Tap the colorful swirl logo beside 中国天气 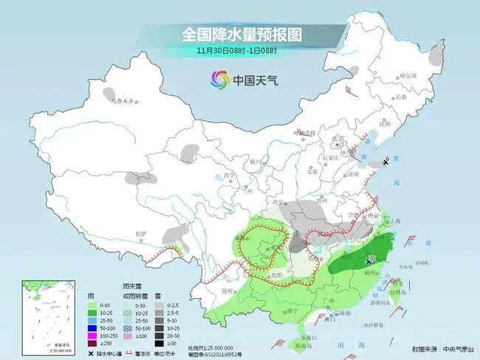[x=219, y=79]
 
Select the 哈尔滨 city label [x=408, y=76]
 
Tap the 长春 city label [x=400, y=97]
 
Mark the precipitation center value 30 [x=371, y=258]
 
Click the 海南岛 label [x=299, y=345]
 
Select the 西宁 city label [x=228, y=175]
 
